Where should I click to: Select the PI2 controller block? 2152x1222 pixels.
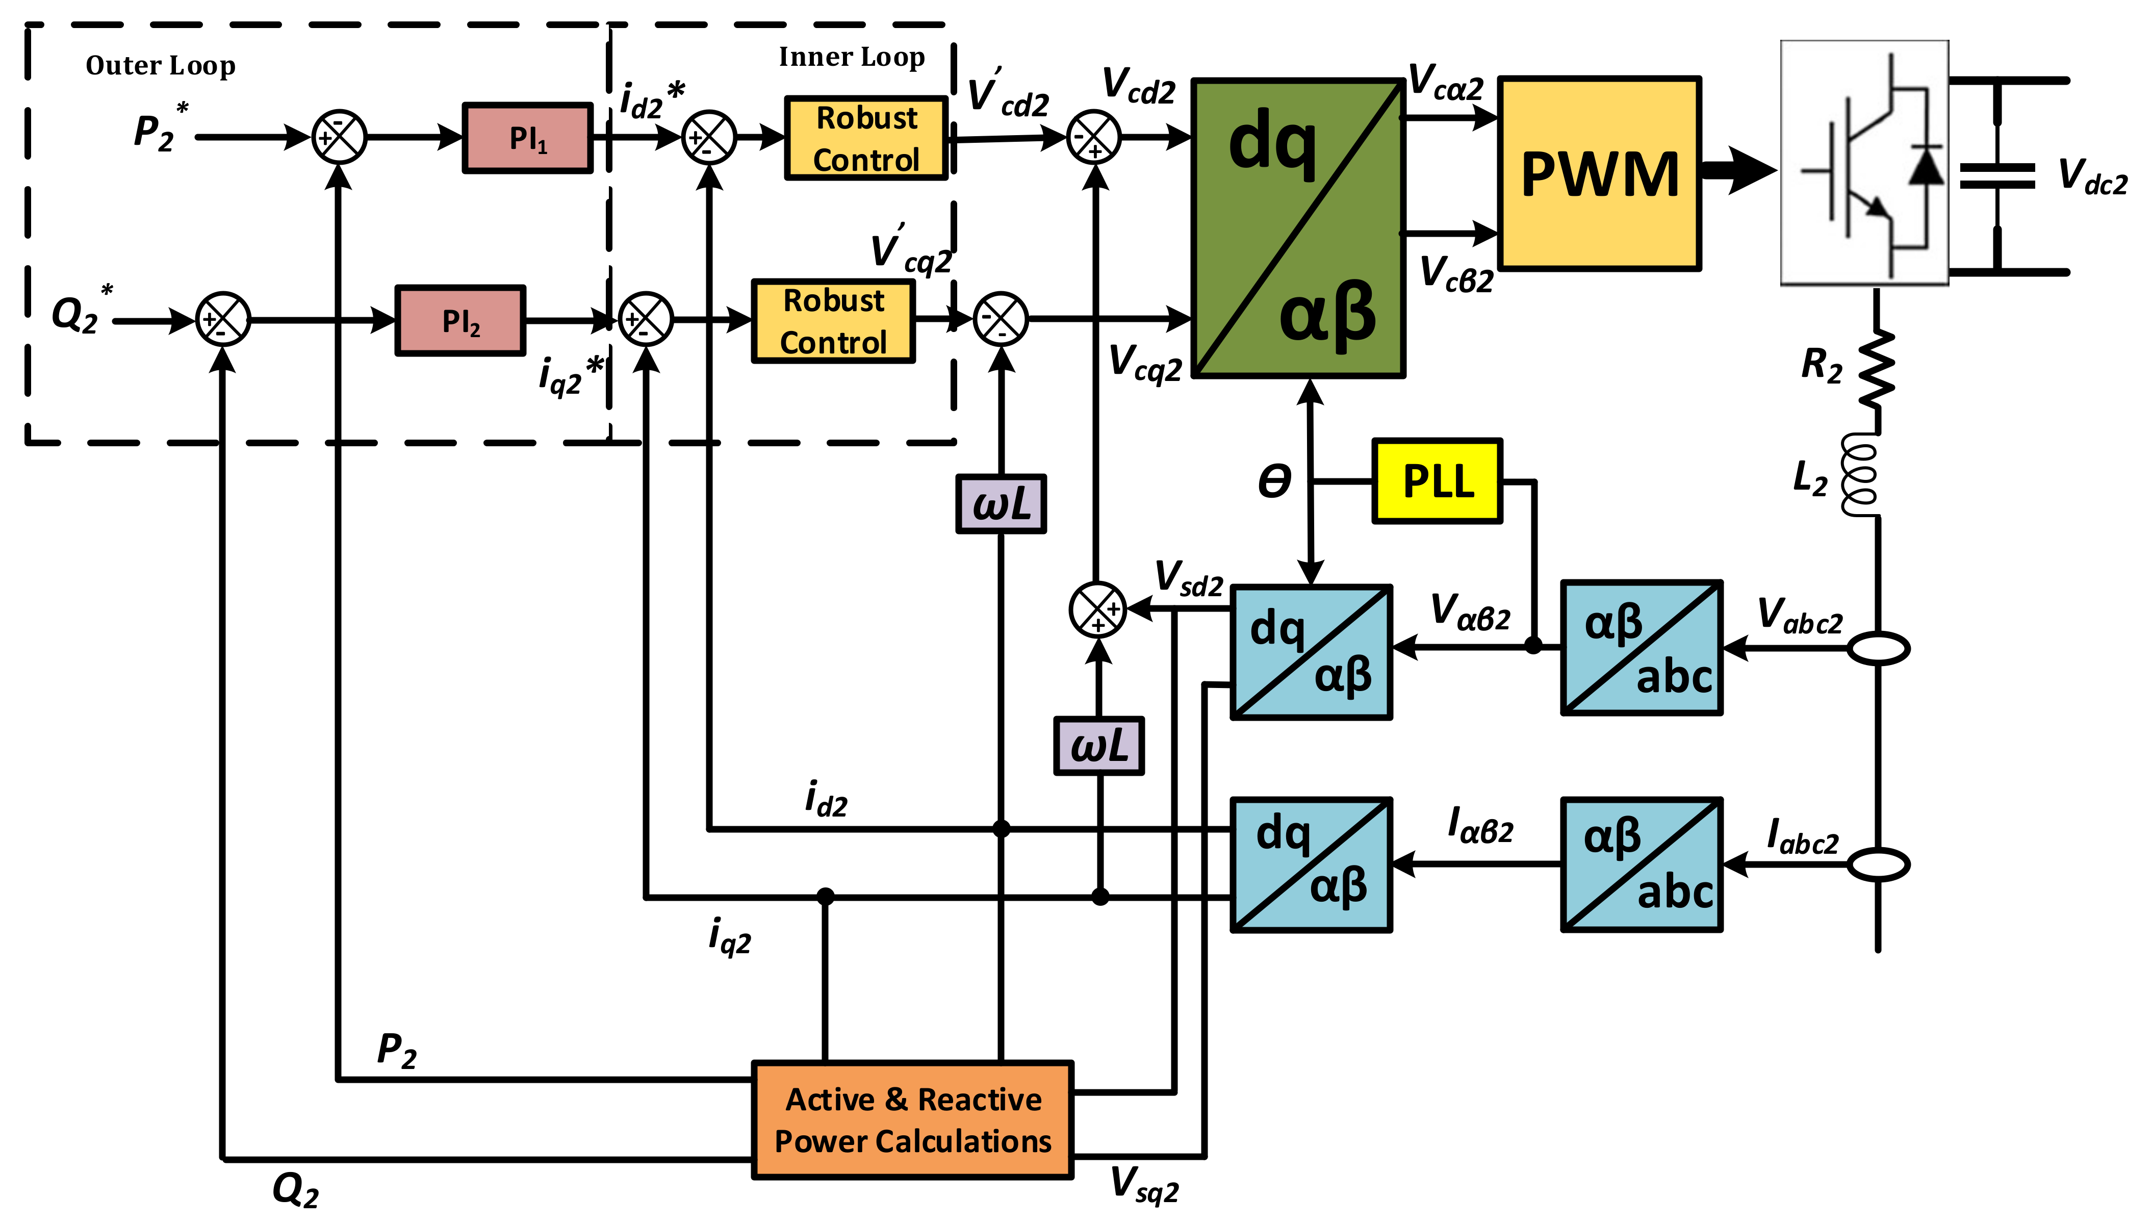(460, 321)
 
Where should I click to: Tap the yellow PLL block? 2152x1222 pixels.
(1437, 481)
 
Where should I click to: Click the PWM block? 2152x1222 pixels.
(1600, 174)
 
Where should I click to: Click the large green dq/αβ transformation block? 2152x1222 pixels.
(1298, 229)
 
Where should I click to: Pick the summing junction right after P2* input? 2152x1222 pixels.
(339, 137)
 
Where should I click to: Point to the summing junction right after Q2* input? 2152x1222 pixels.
(223, 320)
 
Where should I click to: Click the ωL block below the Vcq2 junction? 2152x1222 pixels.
(1001, 503)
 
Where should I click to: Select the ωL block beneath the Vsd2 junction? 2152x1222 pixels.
(1099, 745)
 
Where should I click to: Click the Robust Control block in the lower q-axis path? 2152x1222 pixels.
(833, 321)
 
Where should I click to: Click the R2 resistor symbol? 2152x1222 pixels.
(1878, 368)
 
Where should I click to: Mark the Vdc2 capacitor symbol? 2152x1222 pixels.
(1997, 176)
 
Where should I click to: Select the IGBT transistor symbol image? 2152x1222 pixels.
(1864, 163)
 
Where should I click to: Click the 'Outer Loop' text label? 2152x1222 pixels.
(160, 65)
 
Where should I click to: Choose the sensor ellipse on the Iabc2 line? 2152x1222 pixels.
(1879, 864)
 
